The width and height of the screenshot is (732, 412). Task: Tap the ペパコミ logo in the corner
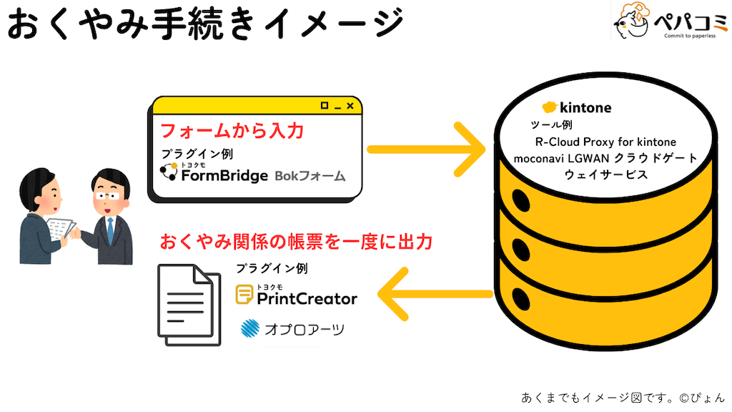pos(668,22)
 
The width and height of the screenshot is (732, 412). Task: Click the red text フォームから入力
pos(232,131)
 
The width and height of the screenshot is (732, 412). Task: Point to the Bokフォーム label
pos(310,175)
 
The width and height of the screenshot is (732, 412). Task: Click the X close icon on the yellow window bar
pos(350,106)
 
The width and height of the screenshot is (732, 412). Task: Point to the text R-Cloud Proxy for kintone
pos(605,142)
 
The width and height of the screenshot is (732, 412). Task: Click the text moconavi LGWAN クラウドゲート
pos(605,157)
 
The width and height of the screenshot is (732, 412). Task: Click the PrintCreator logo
pos(297,296)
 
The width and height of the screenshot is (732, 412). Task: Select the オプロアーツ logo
pos(292,328)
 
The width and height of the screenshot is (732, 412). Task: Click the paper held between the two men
pos(63,228)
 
